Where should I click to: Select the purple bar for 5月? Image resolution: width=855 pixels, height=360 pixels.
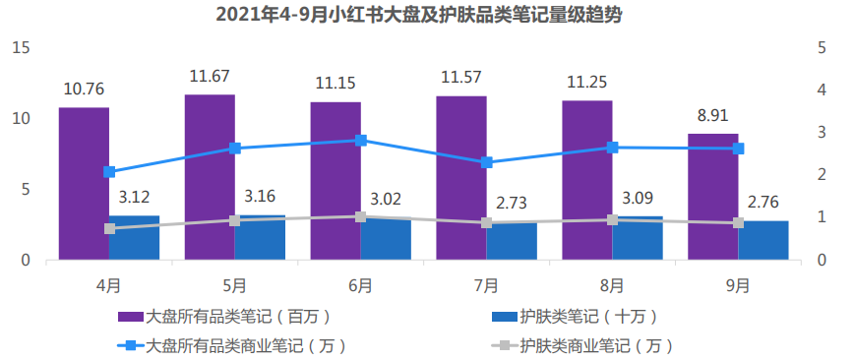(x=210, y=177)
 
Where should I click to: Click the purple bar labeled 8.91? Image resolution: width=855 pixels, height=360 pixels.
(x=712, y=197)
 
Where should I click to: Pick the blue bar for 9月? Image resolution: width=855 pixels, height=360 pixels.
(x=763, y=241)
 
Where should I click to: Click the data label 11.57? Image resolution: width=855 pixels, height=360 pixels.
(x=461, y=77)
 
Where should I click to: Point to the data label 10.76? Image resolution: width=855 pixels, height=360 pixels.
(x=84, y=89)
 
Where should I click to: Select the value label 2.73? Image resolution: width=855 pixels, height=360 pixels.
(x=513, y=203)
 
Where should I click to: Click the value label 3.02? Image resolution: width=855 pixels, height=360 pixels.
(x=387, y=197)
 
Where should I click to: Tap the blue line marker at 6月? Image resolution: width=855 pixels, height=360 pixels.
(x=361, y=140)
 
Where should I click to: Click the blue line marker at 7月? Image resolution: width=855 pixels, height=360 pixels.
(x=487, y=162)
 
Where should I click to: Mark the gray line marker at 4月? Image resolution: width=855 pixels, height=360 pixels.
(x=109, y=228)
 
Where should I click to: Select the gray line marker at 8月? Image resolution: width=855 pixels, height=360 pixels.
(x=613, y=219)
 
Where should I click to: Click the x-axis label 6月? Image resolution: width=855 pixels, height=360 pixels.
(x=360, y=285)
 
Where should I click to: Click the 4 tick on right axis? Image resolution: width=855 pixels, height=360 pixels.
(x=822, y=90)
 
